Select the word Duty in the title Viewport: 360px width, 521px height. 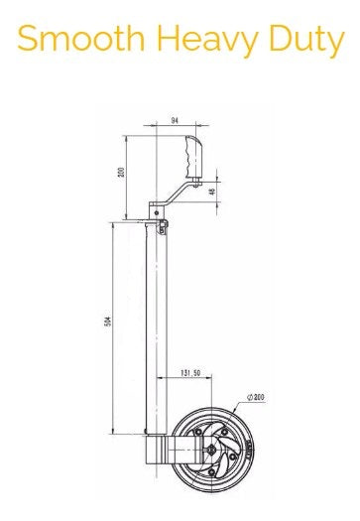tap(306, 42)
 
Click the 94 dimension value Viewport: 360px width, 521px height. tap(175, 121)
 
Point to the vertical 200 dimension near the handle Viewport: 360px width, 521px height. tap(122, 172)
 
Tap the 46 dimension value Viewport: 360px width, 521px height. tap(213, 192)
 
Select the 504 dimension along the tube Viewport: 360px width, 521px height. tap(107, 321)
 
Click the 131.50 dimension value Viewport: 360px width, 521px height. tap(190, 373)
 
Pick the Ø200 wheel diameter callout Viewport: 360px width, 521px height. tap(256, 397)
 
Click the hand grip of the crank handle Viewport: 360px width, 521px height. tap(193, 156)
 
